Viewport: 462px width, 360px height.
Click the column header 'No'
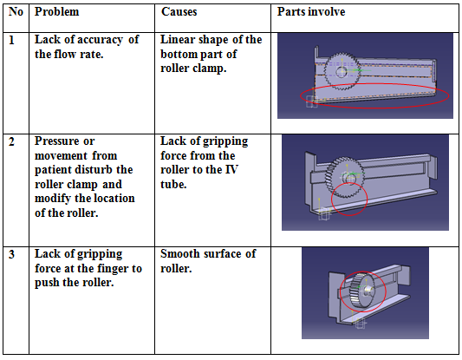coord(16,12)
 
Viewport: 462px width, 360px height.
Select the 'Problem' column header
coord(57,12)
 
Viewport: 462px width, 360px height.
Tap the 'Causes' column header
coord(179,12)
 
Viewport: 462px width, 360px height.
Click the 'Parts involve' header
coord(311,12)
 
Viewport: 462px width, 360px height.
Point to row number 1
coord(11,40)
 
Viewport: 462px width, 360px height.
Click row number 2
coord(11,141)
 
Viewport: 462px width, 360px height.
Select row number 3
coord(11,254)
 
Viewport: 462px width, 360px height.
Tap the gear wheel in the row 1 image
coord(342,71)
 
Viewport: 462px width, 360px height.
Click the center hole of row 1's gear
coord(342,72)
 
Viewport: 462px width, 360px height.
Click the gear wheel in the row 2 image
coord(344,177)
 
